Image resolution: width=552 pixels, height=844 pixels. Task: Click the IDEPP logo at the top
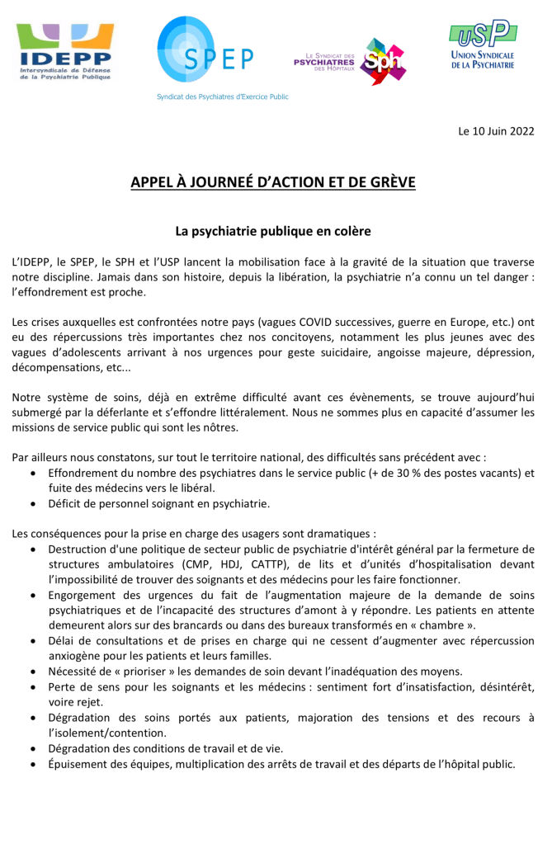tap(65, 52)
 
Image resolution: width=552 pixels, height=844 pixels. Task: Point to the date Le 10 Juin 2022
tap(497, 130)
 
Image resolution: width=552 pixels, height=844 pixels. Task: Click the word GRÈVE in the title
tap(389, 182)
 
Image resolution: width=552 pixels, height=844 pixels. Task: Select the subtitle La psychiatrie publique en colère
tap(273, 231)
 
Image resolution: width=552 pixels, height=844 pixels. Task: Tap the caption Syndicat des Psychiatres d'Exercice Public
tap(223, 97)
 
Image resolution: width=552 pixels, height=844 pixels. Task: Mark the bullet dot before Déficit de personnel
tap(32, 503)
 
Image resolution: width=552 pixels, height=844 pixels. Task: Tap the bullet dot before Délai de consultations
tap(32, 641)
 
